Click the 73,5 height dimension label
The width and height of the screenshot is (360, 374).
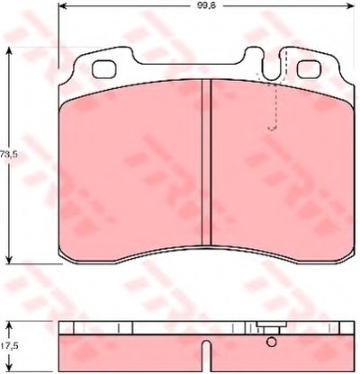(x=9, y=155)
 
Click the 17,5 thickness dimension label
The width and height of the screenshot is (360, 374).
(x=9, y=346)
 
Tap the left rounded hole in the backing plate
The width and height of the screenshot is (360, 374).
(x=103, y=69)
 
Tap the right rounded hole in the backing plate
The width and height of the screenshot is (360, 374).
(x=309, y=69)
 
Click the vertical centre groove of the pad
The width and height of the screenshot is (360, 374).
(x=206, y=162)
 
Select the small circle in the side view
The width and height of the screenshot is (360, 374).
(x=272, y=342)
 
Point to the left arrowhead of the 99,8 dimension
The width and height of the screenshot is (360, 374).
(x=62, y=5)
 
